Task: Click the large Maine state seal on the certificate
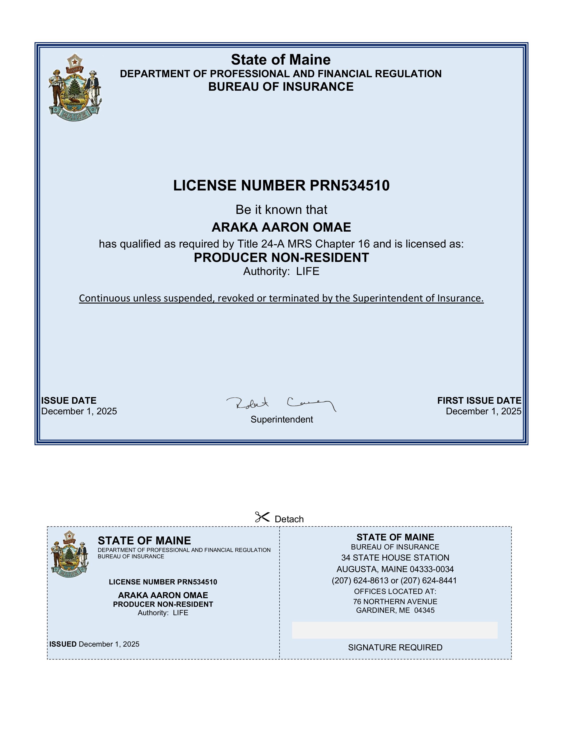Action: [x=75, y=88]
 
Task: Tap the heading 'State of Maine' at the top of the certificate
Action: [x=281, y=60]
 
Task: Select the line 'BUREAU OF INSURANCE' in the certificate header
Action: [x=281, y=86]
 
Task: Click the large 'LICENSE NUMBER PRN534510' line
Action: [x=281, y=186]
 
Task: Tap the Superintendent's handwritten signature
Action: [x=281, y=404]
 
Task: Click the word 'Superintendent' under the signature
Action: [x=282, y=419]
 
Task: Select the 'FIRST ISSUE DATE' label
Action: [x=479, y=400]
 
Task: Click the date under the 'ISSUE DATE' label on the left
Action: [x=79, y=411]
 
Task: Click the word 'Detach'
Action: [x=289, y=519]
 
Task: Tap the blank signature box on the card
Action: [x=395, y=630]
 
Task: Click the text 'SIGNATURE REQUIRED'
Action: [x=395, y=647]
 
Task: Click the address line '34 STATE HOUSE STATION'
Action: [x=395, y=558]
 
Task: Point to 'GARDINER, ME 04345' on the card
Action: [x=395, y=610]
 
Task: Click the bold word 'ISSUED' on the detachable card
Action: [x=63, y=644]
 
